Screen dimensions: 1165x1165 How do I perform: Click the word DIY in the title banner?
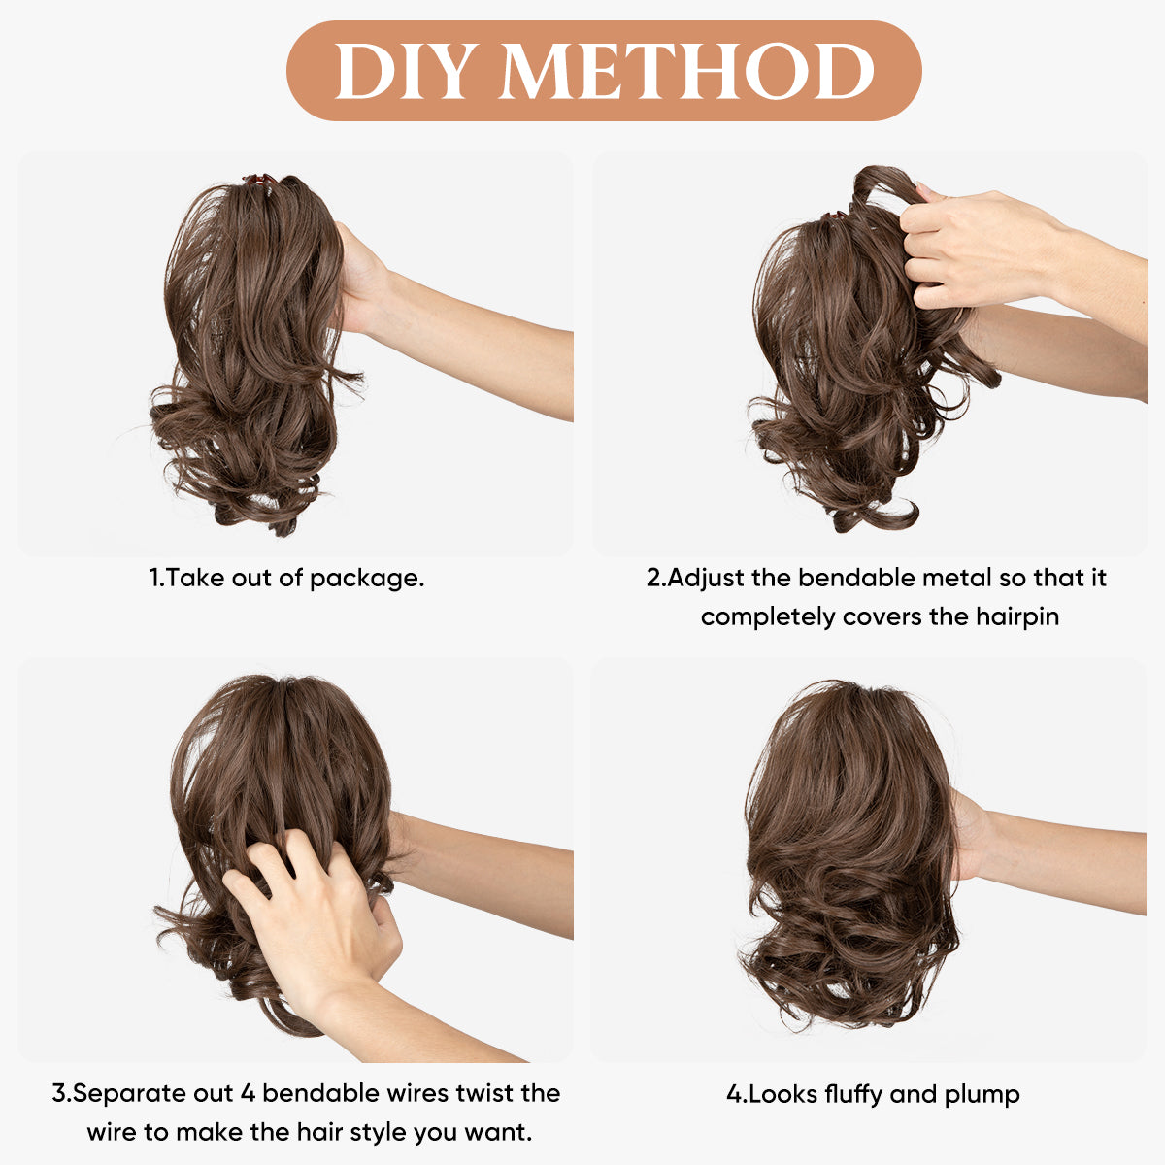(401, 71)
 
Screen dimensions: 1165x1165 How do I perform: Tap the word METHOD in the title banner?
(687, 71)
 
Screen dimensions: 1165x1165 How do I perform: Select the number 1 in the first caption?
(154, 578)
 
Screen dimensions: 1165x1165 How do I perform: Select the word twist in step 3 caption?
(484, 1092)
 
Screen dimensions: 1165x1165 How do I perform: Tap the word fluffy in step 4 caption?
(853, 1095)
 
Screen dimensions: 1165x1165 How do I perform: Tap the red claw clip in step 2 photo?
(834, 216)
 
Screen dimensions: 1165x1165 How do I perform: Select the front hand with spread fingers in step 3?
(315, 907)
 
